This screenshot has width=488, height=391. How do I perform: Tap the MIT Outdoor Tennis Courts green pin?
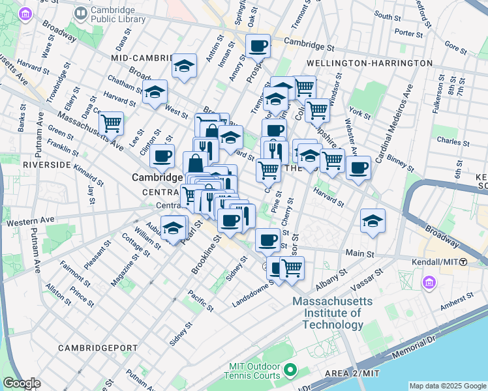pyautogui.click(x=289, y=371)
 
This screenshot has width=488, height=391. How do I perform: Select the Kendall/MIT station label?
pyautogui.click(x=442, y=261)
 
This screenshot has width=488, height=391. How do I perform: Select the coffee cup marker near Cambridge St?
pyautogui.click(x=258, y=46)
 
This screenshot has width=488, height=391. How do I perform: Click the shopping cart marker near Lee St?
pyautogui.click(x=111, y=122)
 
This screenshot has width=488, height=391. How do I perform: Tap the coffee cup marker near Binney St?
pyautogui.click(x=358, y=168)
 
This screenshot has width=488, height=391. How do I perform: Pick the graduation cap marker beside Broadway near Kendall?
pyautogui.click(x=372, y=220)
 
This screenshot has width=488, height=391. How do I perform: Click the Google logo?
pyautogui.click(x=22, y=383)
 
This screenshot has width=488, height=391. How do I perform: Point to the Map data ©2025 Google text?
pyautogui.click(x=447, y=386)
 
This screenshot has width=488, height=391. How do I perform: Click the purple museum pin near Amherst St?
pyautogui.click(x=429, y=283)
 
